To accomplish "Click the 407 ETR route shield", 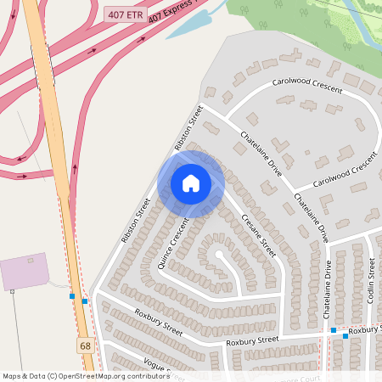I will tap(123, 16).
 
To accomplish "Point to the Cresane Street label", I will tap(258, 236).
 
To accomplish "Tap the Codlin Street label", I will tap(371, 280).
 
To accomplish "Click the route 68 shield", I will tap(85, 345).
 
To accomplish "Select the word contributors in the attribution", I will tap(143, 376).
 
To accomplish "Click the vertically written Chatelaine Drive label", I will tap(328, 289).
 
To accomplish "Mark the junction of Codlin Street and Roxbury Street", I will tap(371, 327).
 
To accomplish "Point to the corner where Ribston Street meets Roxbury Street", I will tap(95, 291).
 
